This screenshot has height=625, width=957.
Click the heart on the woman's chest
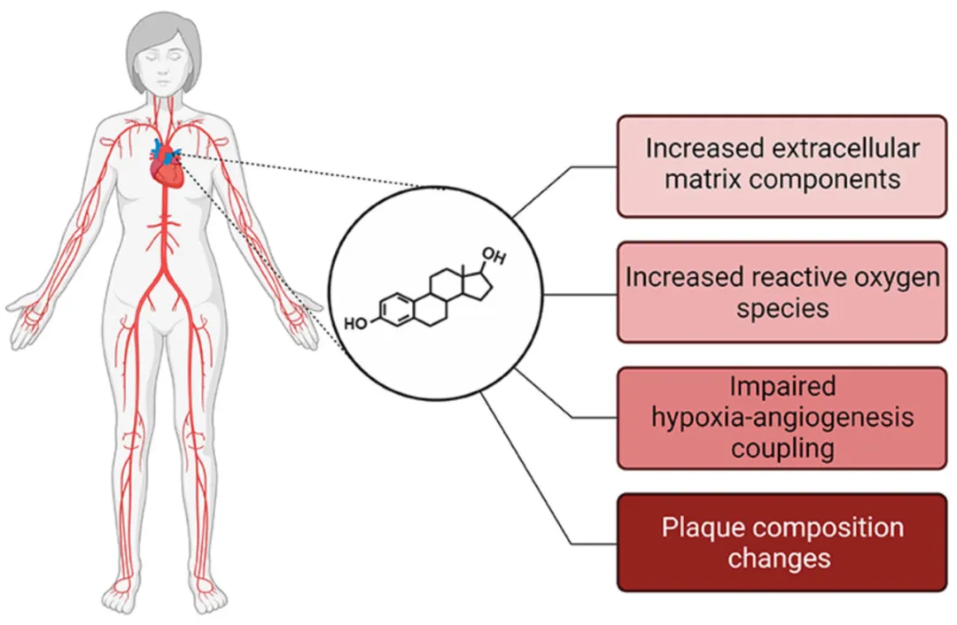pyautogui.click(x=167, y=166)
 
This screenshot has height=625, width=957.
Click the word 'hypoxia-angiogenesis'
pyautogui.click(x=782, y=417)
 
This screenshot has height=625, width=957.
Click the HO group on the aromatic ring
pyautogui.click(x=355, y=323)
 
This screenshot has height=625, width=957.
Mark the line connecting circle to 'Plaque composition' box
pyautogui.click(x=532, y=474)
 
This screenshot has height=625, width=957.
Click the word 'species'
pyautogui.click(x=782, y=308)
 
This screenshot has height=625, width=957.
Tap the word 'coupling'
pyautogui.click(x=782, y=448)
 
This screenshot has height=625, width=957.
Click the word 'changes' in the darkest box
pyautogui.click(x=782, y=559)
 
